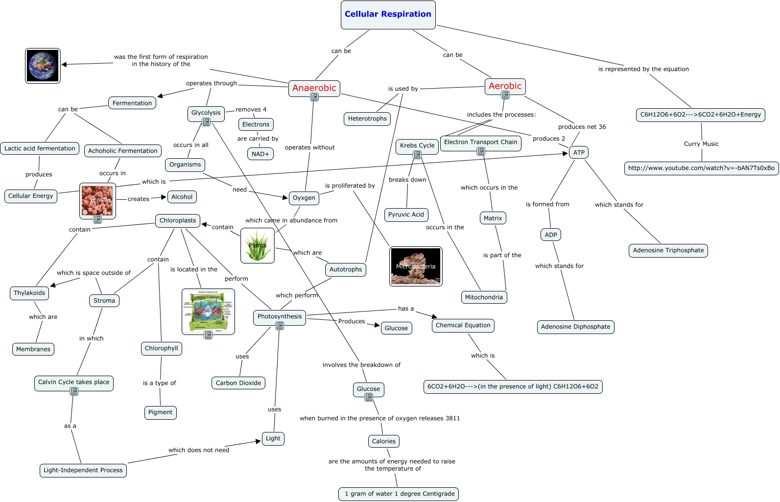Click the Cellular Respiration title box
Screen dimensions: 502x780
click(388, 15)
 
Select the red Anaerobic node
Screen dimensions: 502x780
click(314, 88)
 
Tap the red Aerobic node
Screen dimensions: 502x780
click(505, 86)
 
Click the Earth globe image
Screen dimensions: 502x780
click(43, 66)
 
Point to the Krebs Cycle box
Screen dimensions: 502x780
click(417, 145)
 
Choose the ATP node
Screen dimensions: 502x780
click(578, 152)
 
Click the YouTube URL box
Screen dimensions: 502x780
click(701, 168)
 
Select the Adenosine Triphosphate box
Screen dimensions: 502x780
click(668, 250)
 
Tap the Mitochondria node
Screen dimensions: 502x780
click(483, 297)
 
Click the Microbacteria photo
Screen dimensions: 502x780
click(416, 266)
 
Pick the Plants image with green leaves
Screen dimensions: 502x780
click(258, 245)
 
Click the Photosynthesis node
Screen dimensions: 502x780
click(280, 316)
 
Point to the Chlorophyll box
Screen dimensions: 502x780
click(161, 348)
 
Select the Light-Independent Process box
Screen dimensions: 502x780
click(83, 470)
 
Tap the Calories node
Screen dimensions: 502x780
click(383, 441)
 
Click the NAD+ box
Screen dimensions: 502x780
click(260, 154)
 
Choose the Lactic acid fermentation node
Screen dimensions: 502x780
click(40, 148)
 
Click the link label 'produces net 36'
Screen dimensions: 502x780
click(582, 127)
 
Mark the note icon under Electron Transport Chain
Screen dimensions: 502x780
click(481, 152)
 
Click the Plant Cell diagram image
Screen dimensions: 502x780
click(208, 311)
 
